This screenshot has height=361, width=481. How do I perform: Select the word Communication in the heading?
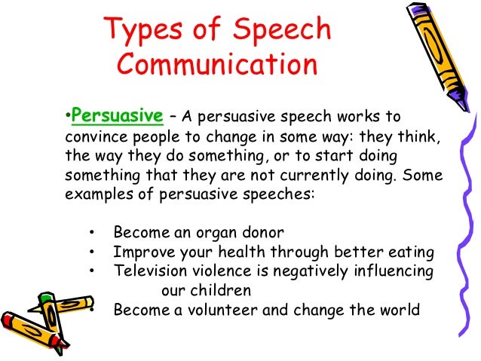pos(216,66)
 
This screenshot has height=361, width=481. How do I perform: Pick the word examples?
pos(95,194)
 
